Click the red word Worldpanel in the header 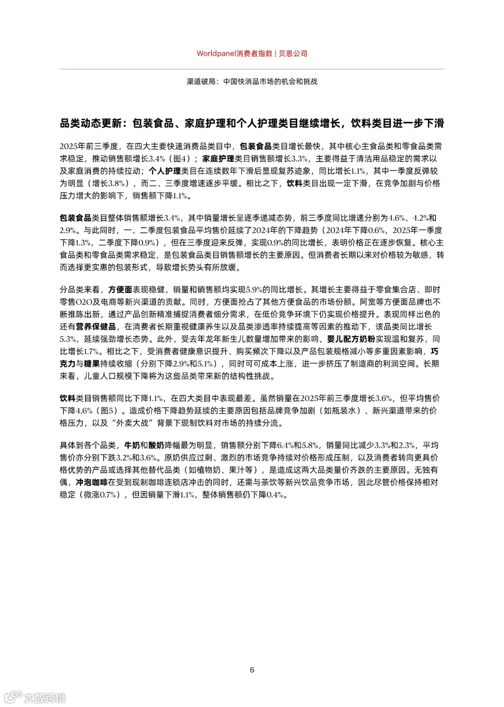216,54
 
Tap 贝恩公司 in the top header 293,54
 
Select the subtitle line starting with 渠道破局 252,81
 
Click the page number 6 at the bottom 252,670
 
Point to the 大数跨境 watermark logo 35,698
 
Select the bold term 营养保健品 96,327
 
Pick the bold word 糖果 91,364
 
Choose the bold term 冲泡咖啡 91,482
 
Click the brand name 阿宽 368,302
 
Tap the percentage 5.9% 254,290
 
